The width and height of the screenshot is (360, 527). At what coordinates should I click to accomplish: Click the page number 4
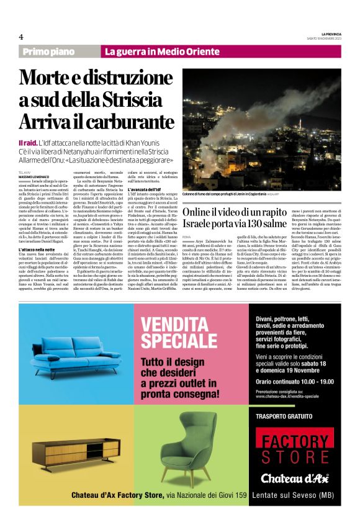tap(21, 37)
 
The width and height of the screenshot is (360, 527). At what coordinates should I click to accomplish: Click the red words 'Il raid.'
tap(27, 143)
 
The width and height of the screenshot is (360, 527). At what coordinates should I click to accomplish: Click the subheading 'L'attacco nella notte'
tap(40, 249)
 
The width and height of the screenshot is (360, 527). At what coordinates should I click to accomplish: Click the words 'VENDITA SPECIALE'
tap(178, 329)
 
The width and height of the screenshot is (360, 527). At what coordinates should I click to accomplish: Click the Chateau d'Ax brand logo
tap(295, 478)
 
